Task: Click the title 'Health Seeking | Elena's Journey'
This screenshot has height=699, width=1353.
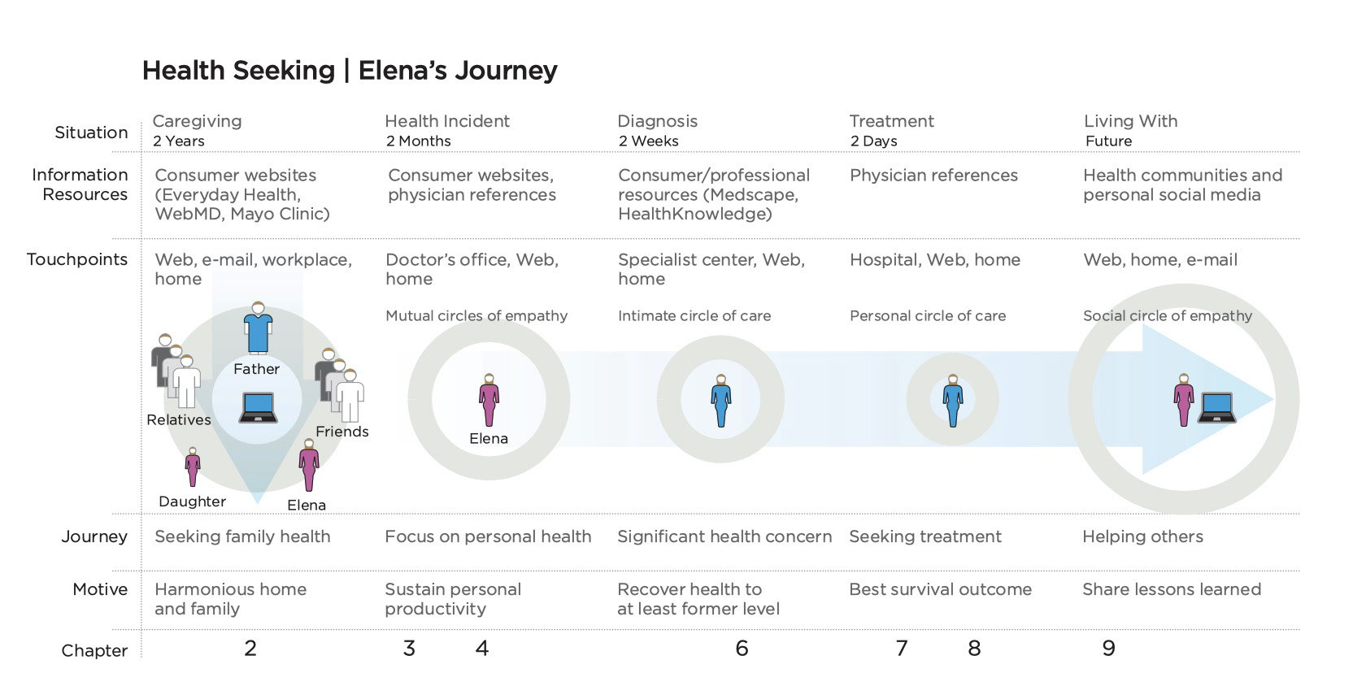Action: click(350, 71)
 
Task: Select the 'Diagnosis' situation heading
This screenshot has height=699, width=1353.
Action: click(657, 121)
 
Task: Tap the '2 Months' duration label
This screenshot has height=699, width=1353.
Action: click(418, 141)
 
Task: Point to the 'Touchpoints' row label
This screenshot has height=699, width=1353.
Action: click(77, 259)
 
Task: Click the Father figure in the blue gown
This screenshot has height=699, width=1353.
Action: click(258, 328)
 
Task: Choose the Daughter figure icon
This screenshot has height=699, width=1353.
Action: click(193, 467)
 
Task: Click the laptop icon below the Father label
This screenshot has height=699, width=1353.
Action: click(258, 407)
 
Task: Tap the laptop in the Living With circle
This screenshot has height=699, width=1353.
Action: click(1218, 407)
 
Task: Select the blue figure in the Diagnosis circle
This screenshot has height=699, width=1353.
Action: click(720, 401)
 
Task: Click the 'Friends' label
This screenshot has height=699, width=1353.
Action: click(342, 432)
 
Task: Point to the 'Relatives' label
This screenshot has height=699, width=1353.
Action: click(178, 419)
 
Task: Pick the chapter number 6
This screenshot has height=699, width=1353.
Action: click(742, 648)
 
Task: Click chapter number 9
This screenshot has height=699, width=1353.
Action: click(1108, 648)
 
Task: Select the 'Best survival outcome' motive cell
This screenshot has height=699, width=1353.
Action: click(940, 589)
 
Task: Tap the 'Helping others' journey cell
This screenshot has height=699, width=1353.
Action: click(1142, 536)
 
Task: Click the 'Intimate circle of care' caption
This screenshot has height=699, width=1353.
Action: click(694, 315)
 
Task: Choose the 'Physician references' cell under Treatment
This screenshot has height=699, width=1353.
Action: click(933, 175)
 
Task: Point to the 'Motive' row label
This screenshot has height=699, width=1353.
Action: click(99, 589)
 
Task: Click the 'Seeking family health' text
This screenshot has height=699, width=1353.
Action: click(242, 536)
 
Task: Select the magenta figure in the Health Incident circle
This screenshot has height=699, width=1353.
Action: click(489, 401)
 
